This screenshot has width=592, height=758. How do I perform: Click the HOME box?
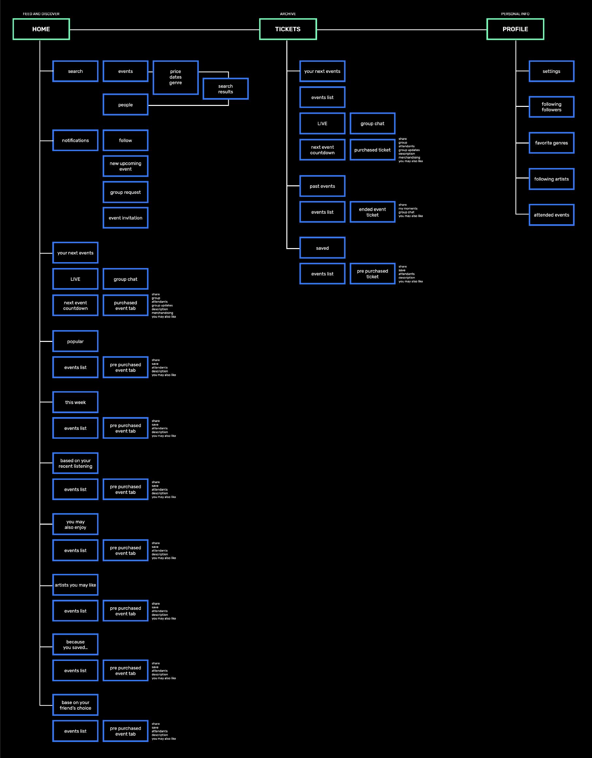41,29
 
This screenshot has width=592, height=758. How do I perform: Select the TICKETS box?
288,29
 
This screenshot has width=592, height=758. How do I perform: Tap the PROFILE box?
515,29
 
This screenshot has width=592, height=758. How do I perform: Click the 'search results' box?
226,89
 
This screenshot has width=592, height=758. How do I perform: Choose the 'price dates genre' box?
175,77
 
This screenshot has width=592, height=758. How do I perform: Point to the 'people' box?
125,105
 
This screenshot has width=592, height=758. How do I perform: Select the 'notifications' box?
75,140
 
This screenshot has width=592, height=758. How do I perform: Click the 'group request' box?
125,192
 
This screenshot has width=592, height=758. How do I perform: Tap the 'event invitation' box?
125,218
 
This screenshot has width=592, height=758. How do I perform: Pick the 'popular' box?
75,341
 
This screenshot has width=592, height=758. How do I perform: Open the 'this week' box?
75,402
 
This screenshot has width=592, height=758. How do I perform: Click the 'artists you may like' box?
75,585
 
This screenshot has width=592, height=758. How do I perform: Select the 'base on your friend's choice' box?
75,705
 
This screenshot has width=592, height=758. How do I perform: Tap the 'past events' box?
322,186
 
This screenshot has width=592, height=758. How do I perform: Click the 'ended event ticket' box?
372,212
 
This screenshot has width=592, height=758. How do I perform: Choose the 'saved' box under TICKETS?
322,248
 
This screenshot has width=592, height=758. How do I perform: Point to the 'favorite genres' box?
551,143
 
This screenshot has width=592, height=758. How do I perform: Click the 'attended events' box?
551,215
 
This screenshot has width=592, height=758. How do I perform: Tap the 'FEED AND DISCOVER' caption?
41,14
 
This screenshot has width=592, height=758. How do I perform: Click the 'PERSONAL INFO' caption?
515,14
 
